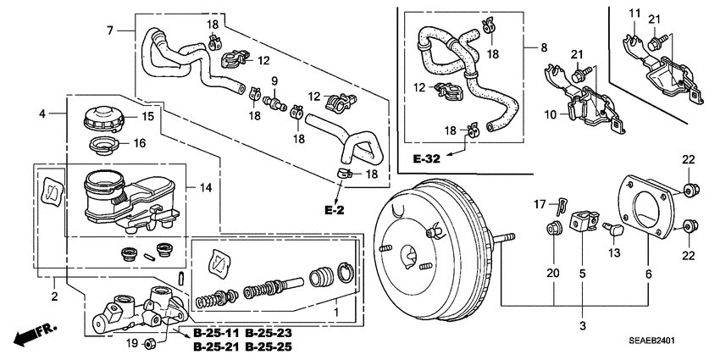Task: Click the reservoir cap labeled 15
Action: coord(102,119)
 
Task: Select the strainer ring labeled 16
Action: coord(102,145)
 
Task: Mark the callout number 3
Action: coord(583,325)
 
